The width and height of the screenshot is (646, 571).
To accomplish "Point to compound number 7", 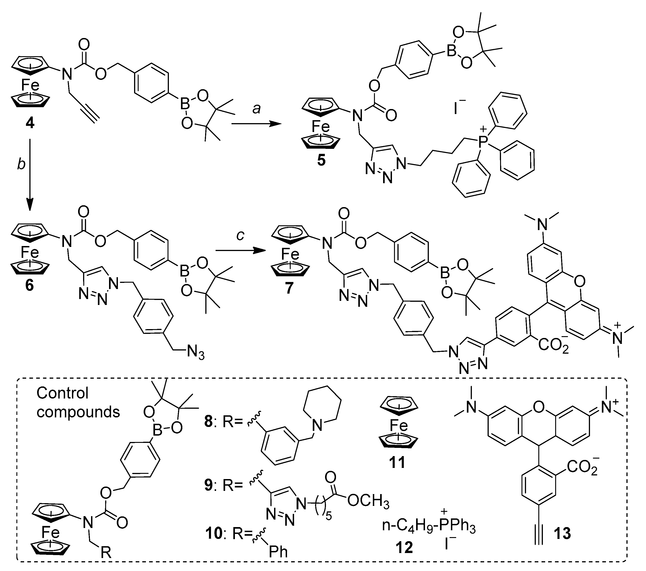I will click(x=289, y=288).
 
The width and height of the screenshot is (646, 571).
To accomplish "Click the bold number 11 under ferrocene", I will click(x=397, y=463).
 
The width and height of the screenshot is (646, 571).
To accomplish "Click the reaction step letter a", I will click(x=256, y=109).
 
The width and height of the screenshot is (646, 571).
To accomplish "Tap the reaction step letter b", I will click(x=21, y=164).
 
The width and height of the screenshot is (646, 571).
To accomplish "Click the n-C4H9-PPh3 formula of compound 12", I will click(x=428, y=527).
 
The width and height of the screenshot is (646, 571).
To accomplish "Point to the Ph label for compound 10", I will click(x=278, y=551).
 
